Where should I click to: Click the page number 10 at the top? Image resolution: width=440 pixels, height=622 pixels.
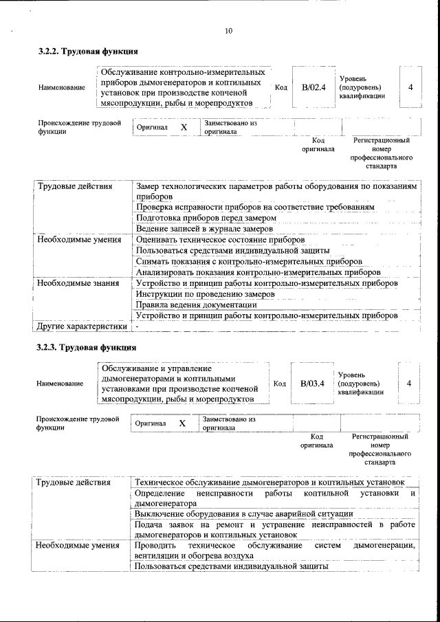pyautogui.click(x=228, y=30)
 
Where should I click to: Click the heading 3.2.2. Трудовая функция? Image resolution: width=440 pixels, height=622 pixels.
pyautogui.click(x=88, y=52)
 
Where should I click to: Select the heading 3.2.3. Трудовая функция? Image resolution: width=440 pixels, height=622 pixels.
pyautogui.click(x=88, y=347)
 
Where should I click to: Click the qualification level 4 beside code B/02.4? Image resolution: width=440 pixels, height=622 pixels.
pyautogui.click(x=410, y=87)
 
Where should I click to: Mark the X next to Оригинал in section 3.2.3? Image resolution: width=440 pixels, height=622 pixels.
pyautogui.click(x=183, y=423)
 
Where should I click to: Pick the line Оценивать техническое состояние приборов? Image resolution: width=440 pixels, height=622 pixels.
pyautogui.click(x=219, y=239)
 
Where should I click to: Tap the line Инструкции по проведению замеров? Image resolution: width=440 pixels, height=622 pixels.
pyautogui.click(x=206, y=293)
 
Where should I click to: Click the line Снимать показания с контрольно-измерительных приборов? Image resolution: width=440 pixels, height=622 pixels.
pyautogui.click(x=249, y=261)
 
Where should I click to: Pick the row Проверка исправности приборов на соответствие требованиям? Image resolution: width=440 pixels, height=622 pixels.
pyautogui.click(x=255, y=206)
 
